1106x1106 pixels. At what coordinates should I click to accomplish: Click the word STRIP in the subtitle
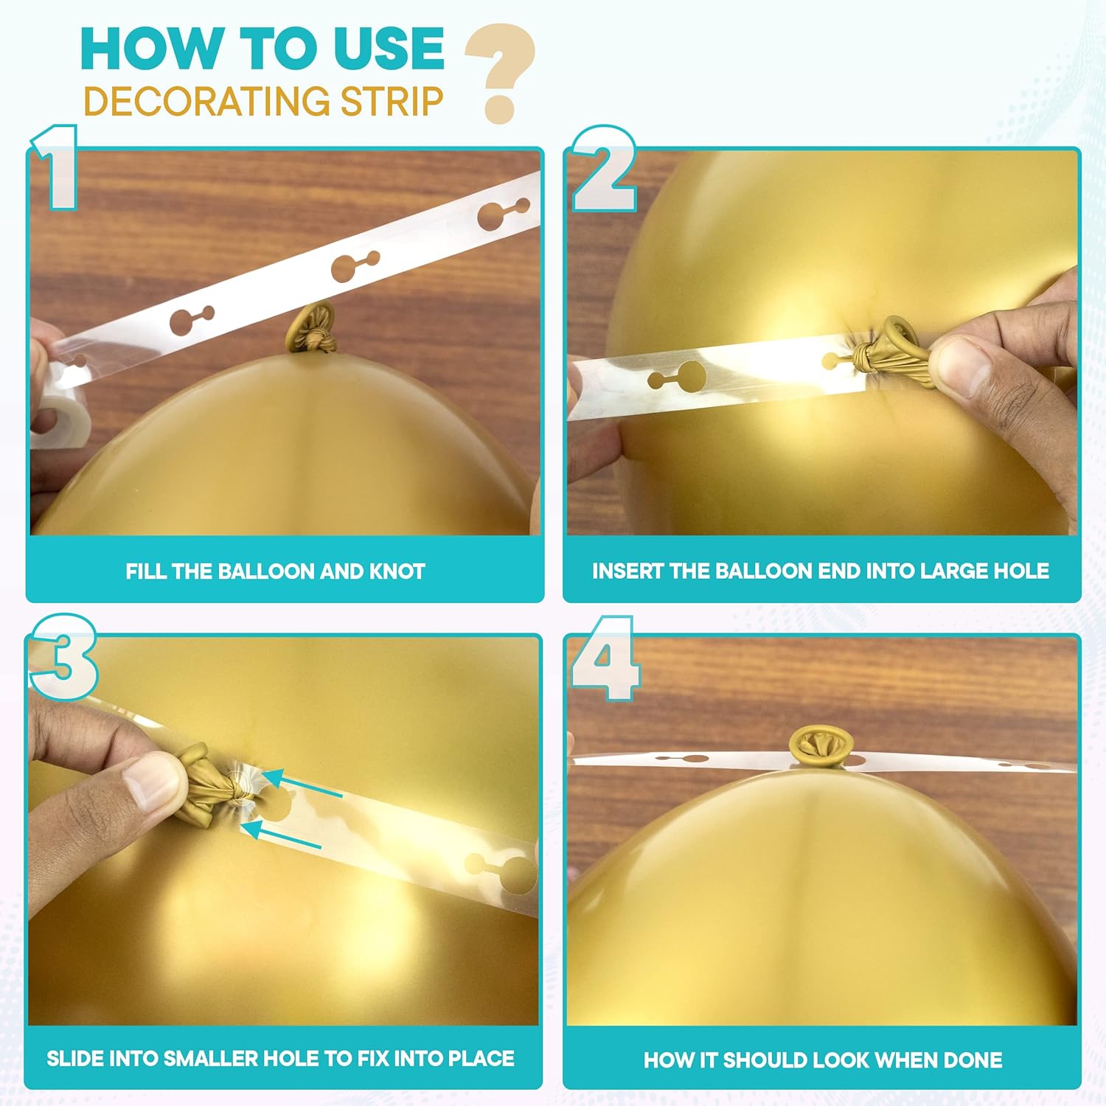point(392,102)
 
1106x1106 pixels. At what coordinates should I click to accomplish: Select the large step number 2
point(604,170)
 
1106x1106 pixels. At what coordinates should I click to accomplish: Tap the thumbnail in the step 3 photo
point(151,782)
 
